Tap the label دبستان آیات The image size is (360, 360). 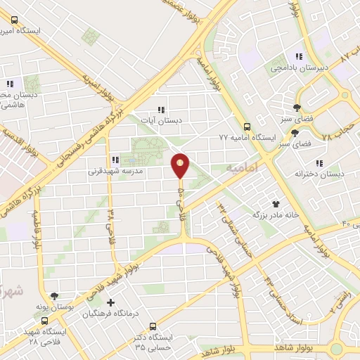[x=162, y=120]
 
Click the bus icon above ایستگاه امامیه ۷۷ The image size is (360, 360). [x=246, y=127]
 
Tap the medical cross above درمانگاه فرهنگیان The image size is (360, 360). [x=110, y=302]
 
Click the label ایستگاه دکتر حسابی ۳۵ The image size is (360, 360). [x=155, y=342]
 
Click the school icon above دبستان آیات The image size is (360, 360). [x=162, y=110]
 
